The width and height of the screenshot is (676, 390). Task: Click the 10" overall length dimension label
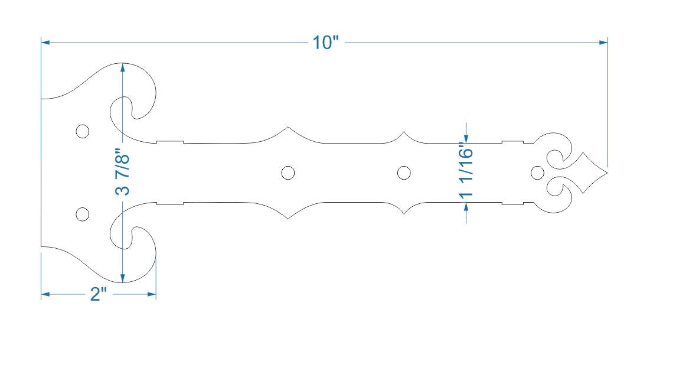[325, 43]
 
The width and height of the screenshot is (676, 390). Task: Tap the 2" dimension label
[98, 294]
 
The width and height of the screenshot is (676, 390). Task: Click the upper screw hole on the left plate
[83, 131]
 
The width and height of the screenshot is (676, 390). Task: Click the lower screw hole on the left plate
[83, 214]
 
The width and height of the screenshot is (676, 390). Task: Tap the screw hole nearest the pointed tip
[537, 173]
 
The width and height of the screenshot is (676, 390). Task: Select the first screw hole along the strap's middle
[288, 173]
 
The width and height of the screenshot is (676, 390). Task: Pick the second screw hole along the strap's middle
[404, 173]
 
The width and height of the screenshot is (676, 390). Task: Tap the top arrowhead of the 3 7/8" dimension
[122, 67]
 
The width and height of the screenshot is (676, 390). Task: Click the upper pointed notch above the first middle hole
[288, 127]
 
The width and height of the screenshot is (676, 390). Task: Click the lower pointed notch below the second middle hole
[404, 216]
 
